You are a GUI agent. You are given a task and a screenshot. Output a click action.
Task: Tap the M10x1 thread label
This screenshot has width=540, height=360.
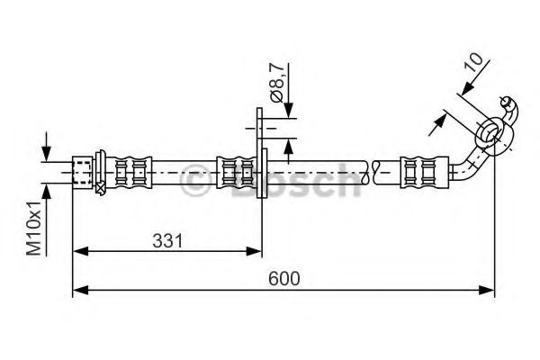(33, 229)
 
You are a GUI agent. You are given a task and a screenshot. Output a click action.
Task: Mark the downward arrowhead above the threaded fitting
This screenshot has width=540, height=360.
(48, 152)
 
